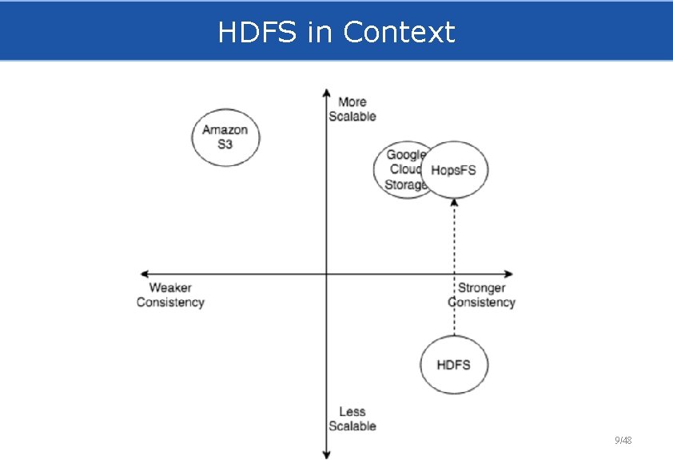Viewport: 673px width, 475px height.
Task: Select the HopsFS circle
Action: [454, 170]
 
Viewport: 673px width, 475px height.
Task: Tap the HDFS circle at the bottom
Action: [453, 365]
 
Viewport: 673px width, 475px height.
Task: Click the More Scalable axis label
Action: [352, 109]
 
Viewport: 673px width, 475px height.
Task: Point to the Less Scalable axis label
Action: [352, 419]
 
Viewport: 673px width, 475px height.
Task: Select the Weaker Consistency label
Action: [170, 295]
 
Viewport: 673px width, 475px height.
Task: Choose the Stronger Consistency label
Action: [481, 295]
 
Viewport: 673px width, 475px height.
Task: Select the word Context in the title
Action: [399, 33]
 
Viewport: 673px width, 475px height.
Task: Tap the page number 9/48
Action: [623, 441]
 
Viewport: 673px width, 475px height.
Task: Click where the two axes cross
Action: [326, 274]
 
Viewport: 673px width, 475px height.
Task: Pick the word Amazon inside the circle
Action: [225, 130]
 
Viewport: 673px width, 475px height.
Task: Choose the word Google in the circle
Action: [405, 155]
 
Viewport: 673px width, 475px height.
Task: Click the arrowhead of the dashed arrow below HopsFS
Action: [454, 203]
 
